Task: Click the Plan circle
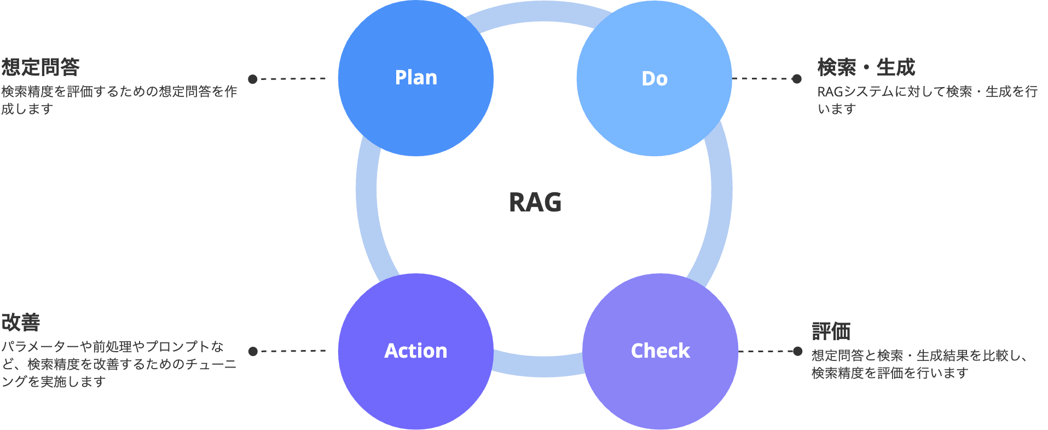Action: [416, 78]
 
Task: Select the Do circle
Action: [655, 78]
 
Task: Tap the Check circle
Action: [660, 351]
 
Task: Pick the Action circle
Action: [416, 351]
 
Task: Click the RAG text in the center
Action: [535, 202]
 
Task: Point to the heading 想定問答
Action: [40, 67]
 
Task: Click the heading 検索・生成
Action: [866, 67]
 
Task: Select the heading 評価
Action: [831, 331]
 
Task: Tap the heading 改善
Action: [21, 322]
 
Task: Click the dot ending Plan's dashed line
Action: [253, 79]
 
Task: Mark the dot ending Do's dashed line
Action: [797, 79]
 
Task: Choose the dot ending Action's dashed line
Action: [253, 351]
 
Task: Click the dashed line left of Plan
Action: [293, 79]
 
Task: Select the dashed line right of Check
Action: [766, 351]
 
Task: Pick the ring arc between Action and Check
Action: [539, 366]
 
